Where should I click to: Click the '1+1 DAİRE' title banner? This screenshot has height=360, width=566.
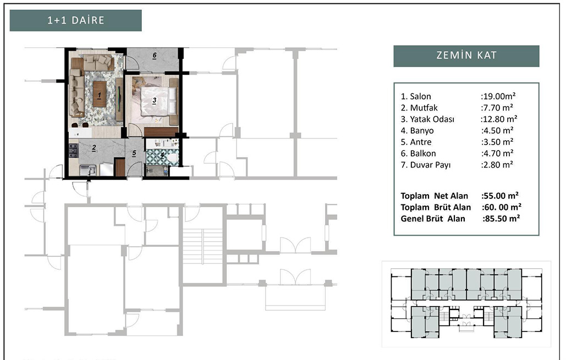75,20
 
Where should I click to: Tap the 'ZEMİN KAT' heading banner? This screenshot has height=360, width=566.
466,56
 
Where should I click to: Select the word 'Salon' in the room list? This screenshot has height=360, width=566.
421,96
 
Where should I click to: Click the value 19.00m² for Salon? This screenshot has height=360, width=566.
498,96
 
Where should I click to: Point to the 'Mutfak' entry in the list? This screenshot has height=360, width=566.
424,108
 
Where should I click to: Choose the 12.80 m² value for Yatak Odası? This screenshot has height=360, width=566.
499,119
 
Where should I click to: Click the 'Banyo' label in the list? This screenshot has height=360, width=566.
421,131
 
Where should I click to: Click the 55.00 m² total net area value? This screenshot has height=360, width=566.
500,196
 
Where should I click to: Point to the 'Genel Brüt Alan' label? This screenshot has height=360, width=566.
433,219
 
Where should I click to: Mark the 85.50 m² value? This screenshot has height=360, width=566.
501,219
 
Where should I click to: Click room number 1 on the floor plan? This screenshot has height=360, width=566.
99,96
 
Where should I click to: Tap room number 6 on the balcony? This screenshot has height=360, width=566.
155,56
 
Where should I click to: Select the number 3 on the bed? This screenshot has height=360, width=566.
155,101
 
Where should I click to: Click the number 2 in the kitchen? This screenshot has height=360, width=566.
94,148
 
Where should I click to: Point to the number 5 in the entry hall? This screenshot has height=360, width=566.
134,153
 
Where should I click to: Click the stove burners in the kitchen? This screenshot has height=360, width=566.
73,151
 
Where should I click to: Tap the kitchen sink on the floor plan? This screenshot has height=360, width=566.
87,170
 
